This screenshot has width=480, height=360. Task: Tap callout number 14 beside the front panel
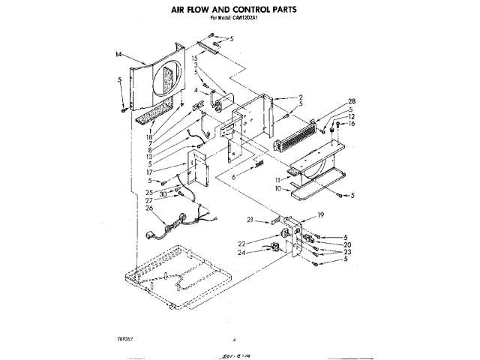(x=119, y=54)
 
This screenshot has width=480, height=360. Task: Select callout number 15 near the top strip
(x=193, y=58)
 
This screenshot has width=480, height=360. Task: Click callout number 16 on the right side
(x=350, y=123)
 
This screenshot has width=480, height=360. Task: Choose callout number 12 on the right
(x=350, y=116)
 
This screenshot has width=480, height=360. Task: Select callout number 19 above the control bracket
(x=320, y=216)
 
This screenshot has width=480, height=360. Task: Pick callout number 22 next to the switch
(x=263, y=242)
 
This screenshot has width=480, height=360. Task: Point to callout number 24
(x=263, y=252)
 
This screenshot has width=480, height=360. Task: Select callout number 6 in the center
(x=234, y=177)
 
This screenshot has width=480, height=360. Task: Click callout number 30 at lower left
(x=163, y=194)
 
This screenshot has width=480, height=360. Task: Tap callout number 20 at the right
(x=347, y=244)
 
